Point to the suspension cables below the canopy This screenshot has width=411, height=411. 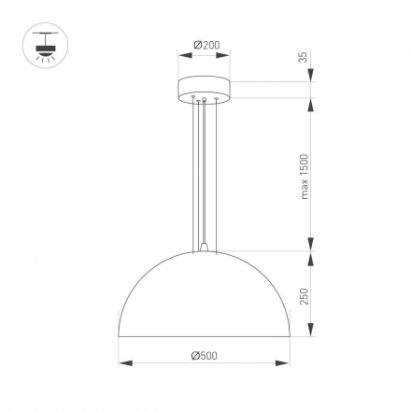pyautogui.click(x=204, y=168)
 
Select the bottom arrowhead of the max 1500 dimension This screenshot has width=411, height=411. pyautogui.click(x=309, y=248)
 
